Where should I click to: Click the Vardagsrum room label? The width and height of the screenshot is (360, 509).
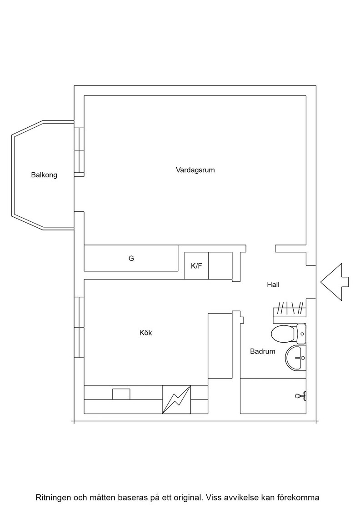(x=195, y=170)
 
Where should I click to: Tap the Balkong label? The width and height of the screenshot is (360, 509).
(x=44, y=175)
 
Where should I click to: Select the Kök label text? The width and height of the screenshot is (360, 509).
(x=146, y=333)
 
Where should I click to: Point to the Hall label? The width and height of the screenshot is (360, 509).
(x=273, y=284)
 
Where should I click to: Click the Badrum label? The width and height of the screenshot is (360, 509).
(x=263, y=351)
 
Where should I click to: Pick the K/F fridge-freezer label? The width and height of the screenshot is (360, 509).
(x=196, y=266)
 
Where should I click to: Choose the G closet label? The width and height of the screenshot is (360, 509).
(x=131, y=259)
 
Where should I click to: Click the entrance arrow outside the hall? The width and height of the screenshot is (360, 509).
(x=335, y=282)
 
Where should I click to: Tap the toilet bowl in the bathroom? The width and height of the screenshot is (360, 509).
(x=283, y=334)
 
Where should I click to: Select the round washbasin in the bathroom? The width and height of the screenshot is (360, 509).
(x=296, y=358)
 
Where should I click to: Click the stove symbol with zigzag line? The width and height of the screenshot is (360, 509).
(x=177, y=399)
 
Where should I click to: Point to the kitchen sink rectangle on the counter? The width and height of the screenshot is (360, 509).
(x=121, y=394)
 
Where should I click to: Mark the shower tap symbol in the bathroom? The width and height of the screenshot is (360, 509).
(x=300, y=396)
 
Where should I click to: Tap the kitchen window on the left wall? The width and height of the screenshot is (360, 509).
(x=79, y=327)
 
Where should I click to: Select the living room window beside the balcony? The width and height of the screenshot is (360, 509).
(x=79, y=152)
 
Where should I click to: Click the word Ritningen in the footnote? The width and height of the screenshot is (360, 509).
(x=51, y=497)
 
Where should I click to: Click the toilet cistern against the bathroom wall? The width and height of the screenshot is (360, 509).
(x=301, y=334)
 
